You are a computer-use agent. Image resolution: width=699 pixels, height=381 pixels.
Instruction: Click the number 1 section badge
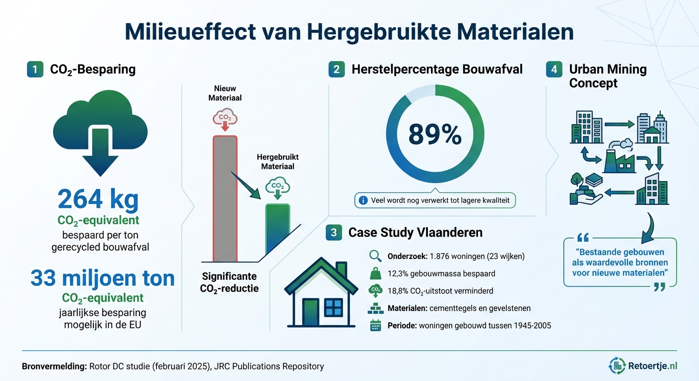click(35, 69)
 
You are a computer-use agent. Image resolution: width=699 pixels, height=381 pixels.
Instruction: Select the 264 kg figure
click(98, 199)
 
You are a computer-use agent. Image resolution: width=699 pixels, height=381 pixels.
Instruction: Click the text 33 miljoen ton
click(102, 278)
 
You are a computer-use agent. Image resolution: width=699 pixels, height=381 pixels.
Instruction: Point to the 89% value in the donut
click(435, 134)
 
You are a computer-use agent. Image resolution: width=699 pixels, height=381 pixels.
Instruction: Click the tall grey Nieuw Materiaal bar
click(225, 198)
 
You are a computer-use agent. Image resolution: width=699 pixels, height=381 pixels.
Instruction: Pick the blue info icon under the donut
click(363, 200)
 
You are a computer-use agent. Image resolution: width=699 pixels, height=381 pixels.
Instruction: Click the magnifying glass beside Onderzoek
click(375, 256)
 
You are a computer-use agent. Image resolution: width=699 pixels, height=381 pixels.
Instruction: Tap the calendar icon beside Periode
click(375, 326)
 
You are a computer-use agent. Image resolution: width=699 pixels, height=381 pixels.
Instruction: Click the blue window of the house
click(333, 308)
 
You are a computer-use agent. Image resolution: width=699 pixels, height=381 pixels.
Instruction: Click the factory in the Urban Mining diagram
click(620, 158)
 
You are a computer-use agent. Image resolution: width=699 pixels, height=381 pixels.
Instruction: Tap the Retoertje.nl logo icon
click(618, 366)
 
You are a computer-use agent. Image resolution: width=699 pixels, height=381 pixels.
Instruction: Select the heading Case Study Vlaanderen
click(415, 233)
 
